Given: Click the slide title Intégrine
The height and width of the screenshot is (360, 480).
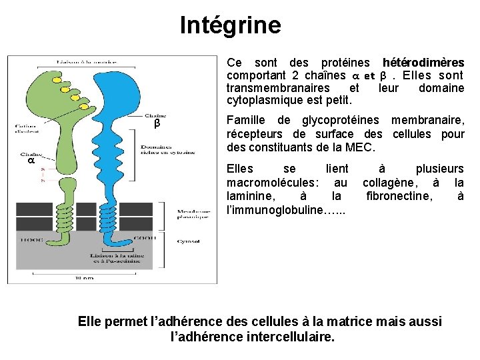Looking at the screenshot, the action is tap(231, 25).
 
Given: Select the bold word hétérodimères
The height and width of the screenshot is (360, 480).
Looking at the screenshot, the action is tap(423, 62).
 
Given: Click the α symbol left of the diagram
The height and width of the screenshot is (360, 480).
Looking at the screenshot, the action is tap(31, 161).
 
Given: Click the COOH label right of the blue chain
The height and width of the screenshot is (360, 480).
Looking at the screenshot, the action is tap(145, 237).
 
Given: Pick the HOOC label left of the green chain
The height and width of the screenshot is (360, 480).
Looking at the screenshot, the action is tap(29, 238).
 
